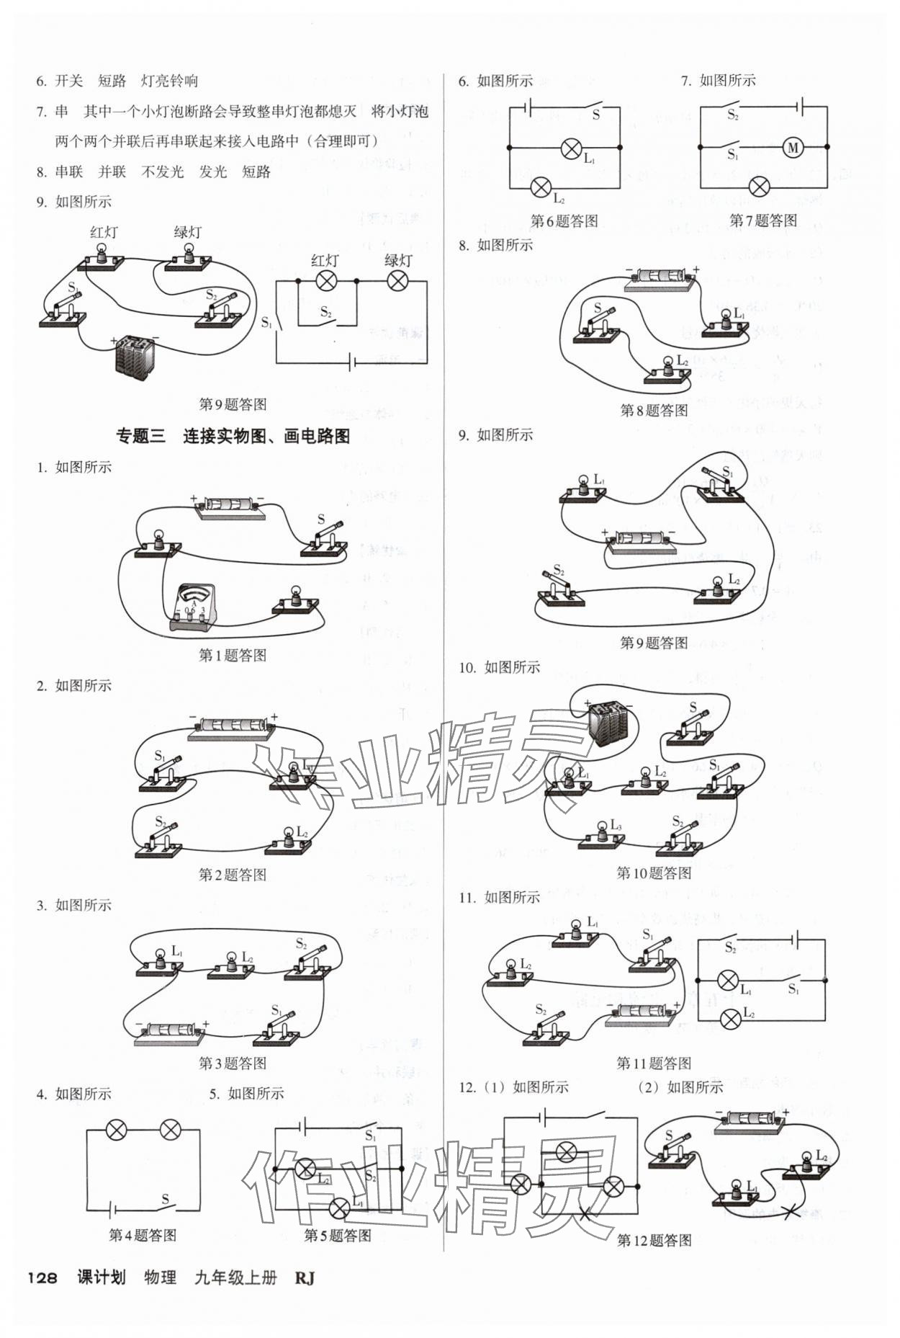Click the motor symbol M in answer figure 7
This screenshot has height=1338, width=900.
(x=793, y=148)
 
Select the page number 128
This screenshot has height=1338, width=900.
(x=42, y=1277)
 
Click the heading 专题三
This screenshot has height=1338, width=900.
(x=140, y=436)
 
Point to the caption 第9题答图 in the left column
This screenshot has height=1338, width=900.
(x=232, y=404)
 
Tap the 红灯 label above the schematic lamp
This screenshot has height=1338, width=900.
(x=325, y=261)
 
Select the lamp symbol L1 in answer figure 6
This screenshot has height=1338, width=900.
(x=571, y=149)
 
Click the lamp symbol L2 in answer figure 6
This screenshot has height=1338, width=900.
(x=540, y=188)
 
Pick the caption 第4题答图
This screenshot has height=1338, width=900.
(x=143, y=1235)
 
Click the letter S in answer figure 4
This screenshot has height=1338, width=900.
(x=165, y=1199)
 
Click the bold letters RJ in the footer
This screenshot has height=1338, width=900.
(x=305, y=1277)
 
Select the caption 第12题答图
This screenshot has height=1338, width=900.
(x=654, y=1239)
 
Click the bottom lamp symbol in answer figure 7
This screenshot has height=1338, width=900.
(x=759, y=187)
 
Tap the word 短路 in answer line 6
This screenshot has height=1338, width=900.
(x=112, y=81)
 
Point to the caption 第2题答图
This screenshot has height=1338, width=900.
(x=232, y=874)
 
